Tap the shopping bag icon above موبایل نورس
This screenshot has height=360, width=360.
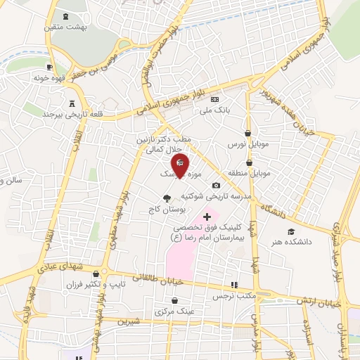pyautogui.click(x=247, y=132)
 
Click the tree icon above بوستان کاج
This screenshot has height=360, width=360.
pyautogui.click(x=166, y=198)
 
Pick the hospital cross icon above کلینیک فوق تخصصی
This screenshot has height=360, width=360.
pyautogui.click(x=207, y=217)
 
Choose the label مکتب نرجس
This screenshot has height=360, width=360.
pyautogui.click(x=233, y=295)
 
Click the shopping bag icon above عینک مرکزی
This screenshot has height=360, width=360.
pyautogui.click(x=165, y=300)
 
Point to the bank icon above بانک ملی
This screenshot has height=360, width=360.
pyautogui.click(x=215, y=99)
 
